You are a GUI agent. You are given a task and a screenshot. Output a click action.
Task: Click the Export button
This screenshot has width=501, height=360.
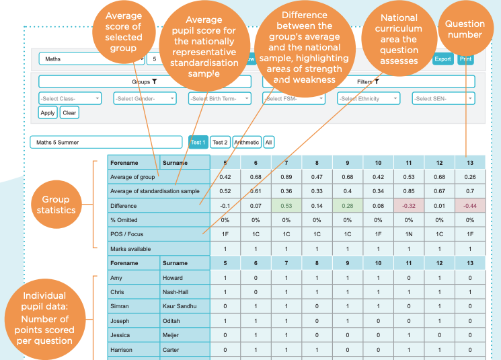442,59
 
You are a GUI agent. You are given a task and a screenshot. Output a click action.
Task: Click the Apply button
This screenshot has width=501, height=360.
47,112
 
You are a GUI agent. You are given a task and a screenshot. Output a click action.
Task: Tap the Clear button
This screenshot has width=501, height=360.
69,112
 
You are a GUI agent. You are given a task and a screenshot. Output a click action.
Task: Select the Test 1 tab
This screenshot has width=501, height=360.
198,142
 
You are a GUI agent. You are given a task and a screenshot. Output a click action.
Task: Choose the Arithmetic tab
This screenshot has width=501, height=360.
246,142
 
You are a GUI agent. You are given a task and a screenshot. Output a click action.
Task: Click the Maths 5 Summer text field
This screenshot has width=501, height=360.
106,142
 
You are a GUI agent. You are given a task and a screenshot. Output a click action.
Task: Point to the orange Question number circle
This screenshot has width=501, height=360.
465,29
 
